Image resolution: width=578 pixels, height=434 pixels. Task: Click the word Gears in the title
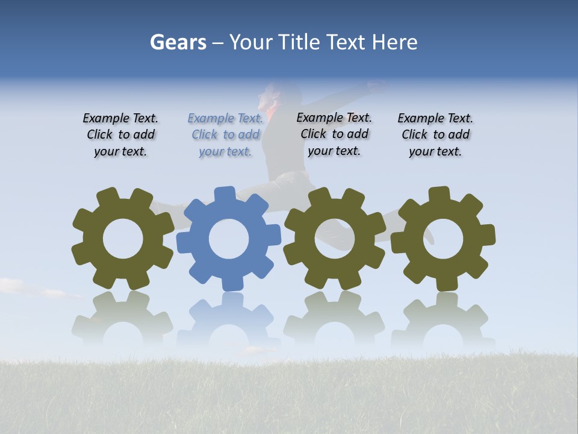click(178, 42)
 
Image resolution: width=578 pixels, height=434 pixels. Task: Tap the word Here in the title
click(394, 42)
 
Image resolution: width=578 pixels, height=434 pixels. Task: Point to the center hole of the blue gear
click(229, 239)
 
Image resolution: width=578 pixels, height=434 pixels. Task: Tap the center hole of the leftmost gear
click(123, 239)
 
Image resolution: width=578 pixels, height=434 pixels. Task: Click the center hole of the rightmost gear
click(443, 239)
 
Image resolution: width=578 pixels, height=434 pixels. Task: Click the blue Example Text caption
click(225, 135)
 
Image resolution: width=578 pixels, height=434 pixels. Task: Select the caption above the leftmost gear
click(120, 135)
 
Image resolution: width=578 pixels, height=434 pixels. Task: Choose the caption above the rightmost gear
click(435, 135)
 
